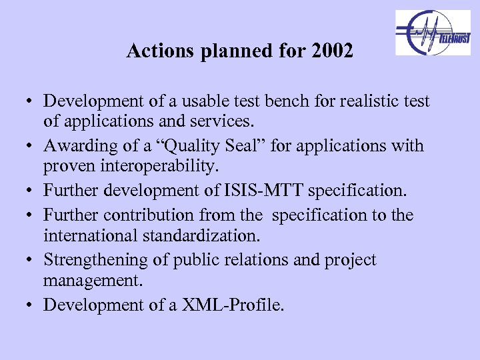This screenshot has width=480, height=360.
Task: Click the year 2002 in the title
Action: point(332,51)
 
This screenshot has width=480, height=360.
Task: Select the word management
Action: point(93,280)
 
